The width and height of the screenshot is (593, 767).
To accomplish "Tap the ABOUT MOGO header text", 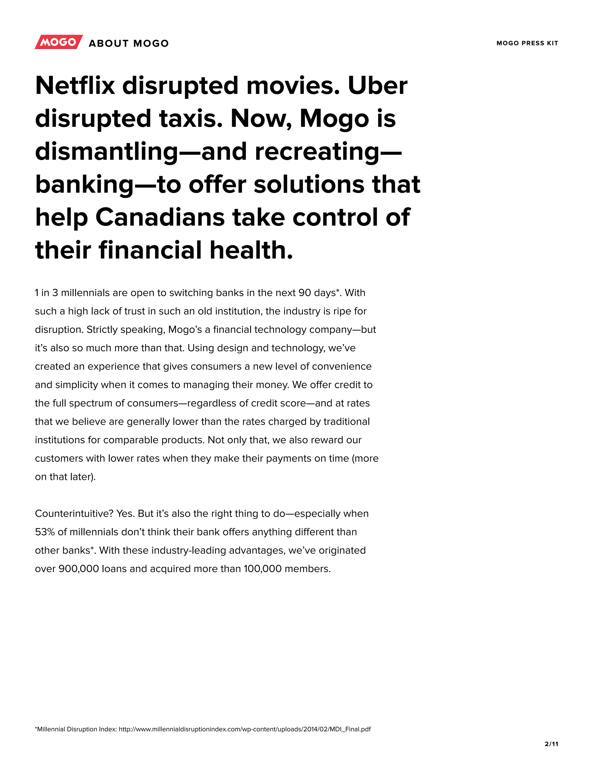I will (x=129, y=43).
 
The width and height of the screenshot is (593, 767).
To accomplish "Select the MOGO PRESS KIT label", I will (x=527, y=43).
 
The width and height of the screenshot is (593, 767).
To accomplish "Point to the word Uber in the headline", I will (x=378, y=86).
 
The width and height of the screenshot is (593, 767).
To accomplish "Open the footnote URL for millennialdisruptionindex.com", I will (x=244, y=729).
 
